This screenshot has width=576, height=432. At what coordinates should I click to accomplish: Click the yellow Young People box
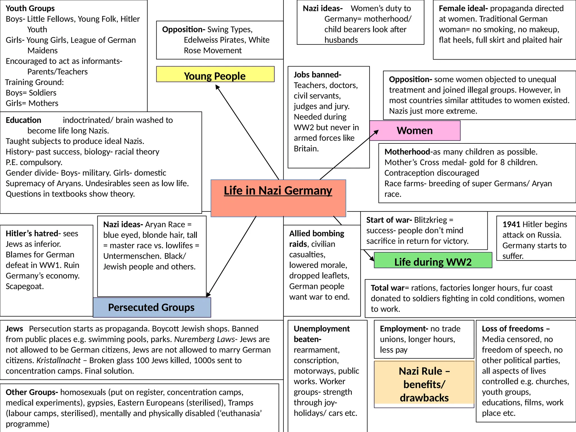[x=215, y=75]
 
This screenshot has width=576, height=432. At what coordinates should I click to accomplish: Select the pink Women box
[x=415, y=130]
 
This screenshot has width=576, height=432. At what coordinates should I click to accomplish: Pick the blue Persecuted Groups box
[x=152, y=307]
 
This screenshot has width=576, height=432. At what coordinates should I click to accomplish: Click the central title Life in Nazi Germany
[x=278, y=191]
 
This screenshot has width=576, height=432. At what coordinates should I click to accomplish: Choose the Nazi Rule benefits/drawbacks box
[x=424, y=384]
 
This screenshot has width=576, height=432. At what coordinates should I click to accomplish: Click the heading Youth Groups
[x=30, y=8]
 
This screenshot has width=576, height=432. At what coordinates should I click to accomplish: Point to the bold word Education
[x=23, y=120]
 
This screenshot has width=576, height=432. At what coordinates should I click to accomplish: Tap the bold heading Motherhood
[x=407, y=152]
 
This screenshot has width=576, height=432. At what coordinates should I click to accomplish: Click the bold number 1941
[x=511, y=224]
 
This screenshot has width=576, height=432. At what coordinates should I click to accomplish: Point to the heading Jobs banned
[x=317, y=75]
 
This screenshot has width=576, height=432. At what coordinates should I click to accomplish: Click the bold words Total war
[x=388, y=288]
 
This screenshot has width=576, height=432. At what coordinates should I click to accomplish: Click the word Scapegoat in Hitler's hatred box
[x=24, y=286]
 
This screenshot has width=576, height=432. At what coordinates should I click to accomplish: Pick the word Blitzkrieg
[x=430, y=220]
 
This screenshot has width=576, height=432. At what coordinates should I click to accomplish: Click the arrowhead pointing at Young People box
[x=217, y=87]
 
